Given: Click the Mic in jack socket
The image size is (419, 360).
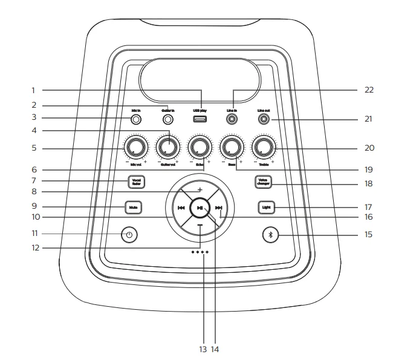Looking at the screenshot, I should coord(137,120).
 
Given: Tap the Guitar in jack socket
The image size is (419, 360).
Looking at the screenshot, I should coord(168,120).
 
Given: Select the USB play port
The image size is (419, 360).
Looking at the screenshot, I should coord(200,119).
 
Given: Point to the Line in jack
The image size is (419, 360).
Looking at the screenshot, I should coord(232,120).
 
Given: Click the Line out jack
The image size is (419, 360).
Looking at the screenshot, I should coord(264,120).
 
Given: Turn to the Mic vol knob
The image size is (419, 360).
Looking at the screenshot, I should coord(136,147).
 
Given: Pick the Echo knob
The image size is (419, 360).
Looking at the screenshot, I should coord(200,147).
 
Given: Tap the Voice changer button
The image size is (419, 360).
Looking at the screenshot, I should coord(263,181).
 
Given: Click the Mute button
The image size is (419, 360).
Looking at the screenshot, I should coord(133,208).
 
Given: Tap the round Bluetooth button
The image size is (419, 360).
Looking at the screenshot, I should coord(271,234).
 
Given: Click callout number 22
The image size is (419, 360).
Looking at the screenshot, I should coord(369,90).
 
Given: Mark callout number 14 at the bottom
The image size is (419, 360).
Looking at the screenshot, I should coord(215,349).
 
